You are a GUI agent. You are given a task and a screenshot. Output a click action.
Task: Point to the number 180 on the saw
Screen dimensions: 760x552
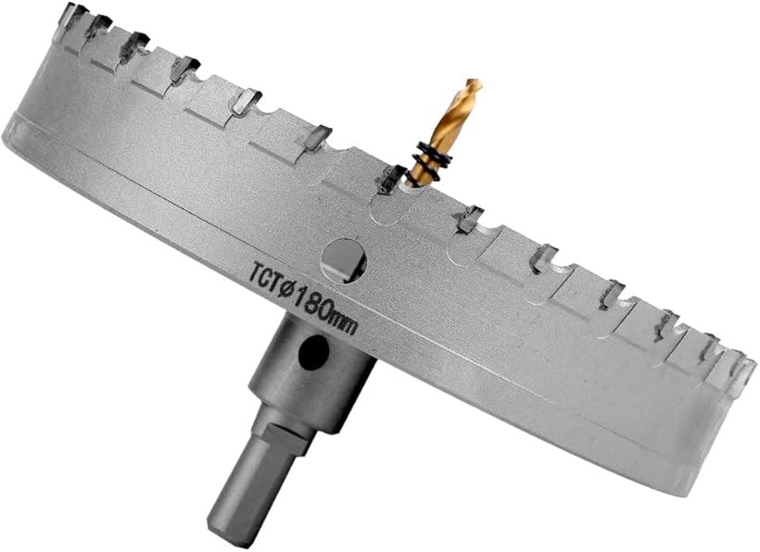tap(313, 303)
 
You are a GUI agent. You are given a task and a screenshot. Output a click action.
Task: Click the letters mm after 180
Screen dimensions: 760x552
tap(346, 323)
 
